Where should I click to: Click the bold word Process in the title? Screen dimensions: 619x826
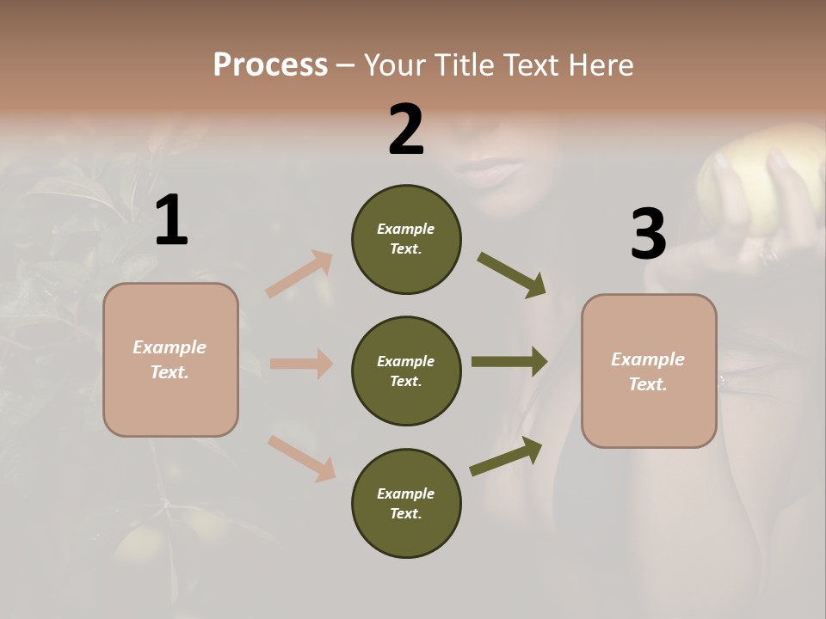click(270, 64)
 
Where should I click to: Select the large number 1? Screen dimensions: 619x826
click(171, 221)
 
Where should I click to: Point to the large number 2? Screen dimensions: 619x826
click(406, 130)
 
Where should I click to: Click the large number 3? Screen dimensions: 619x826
click(648, 234)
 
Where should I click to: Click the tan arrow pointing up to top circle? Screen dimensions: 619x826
click(299, 274)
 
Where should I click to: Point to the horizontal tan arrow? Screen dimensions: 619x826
click(301, 364)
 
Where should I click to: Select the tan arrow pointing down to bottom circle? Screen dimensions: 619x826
click(301, 458)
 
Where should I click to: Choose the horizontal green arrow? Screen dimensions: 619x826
click(509, 362)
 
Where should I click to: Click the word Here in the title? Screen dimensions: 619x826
click(601, 64)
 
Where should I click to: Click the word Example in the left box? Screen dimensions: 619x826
click(170, 347)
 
